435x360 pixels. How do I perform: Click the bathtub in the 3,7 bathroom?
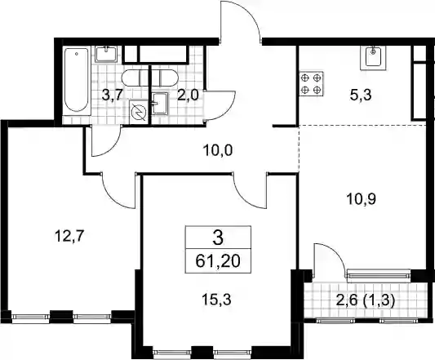point(77,82)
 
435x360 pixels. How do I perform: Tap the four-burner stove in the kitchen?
point(311,84)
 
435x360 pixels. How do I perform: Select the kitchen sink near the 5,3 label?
point(373,58)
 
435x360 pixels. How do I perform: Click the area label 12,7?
point(69,237)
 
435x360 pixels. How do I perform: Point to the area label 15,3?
point(216,300)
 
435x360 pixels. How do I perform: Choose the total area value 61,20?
point(218,261)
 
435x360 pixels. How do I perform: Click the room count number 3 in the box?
point(218,238)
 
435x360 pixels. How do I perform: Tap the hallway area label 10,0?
point(218,150)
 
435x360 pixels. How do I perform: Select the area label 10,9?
point(361,198)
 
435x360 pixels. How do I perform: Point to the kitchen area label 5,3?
point(361,96)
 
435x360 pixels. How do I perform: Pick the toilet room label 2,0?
point(188,96)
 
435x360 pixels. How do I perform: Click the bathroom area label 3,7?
point(112,96)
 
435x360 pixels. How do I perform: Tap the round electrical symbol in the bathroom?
point(139,112)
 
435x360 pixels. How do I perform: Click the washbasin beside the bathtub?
point(107,54)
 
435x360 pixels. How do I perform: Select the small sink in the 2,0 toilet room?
point(160,104)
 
